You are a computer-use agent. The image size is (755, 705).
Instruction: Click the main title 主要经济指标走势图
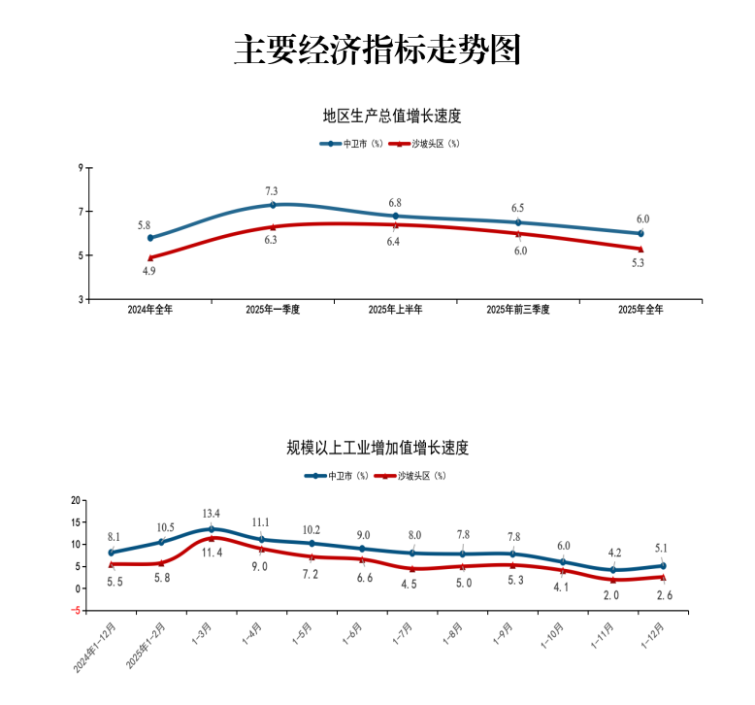coord(377,50)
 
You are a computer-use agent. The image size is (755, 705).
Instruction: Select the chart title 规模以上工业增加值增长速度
coord(377,448)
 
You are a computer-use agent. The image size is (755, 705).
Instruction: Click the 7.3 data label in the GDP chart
coord(272,190)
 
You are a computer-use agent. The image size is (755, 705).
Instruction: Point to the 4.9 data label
coord(149,272)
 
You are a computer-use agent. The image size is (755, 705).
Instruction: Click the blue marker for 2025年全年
coord(640,233)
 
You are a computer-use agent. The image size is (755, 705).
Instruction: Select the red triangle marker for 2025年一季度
coord(273,226)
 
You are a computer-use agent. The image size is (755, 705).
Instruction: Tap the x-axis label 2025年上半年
coord(395,310)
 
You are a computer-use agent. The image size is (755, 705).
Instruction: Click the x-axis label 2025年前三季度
coord(518,310)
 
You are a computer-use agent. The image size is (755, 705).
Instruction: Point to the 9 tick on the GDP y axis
coord(81,167)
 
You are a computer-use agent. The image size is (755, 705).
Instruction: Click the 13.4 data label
coord(212,514)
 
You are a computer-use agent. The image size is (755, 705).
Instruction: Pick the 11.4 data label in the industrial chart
coord(212,553)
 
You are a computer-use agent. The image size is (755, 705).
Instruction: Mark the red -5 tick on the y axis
coord(75,611)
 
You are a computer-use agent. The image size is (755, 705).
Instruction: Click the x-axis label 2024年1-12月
coord(95,650)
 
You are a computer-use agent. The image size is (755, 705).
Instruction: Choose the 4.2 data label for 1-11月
coord(612,553)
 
